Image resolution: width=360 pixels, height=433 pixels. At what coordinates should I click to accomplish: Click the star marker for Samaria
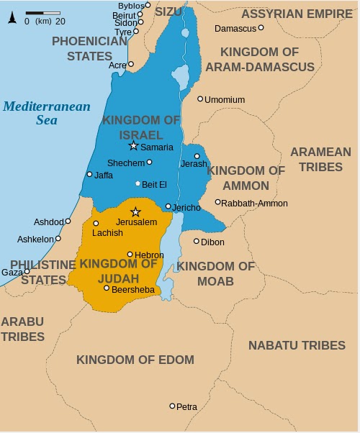click(133, 146)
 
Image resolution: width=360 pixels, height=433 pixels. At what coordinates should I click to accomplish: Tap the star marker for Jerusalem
click(135, 211)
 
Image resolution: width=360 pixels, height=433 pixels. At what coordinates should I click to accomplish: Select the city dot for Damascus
click(261, 28)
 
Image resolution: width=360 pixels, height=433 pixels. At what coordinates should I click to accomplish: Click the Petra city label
click(186, 407)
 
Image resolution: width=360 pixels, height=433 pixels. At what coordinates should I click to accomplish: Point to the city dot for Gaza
click(27, 272)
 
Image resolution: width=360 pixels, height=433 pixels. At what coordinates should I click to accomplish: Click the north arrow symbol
click(12, 17)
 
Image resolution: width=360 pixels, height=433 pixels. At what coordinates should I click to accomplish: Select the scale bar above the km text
click(42, 13)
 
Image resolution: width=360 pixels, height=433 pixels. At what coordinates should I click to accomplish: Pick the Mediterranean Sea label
click(47, 113)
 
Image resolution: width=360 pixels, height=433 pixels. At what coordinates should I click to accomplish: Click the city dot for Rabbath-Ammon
click(217, 202)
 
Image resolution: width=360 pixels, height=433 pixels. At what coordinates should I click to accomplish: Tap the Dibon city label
click(212, 242)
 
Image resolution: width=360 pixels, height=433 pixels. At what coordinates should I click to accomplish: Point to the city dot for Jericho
click(168, 206)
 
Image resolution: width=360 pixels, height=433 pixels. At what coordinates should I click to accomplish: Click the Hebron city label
click(149, 255)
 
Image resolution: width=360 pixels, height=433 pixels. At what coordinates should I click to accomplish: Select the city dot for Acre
click(130, 64)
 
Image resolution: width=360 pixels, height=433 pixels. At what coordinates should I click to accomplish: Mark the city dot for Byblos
click(148, 5)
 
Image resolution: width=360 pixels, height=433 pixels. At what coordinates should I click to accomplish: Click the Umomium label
click(225, 100)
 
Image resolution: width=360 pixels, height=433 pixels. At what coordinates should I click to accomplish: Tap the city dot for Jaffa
click(89, 174)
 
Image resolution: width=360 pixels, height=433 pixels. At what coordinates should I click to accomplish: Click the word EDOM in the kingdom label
click(172, 360)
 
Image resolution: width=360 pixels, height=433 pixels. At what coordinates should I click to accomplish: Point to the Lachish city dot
click(96, 223)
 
